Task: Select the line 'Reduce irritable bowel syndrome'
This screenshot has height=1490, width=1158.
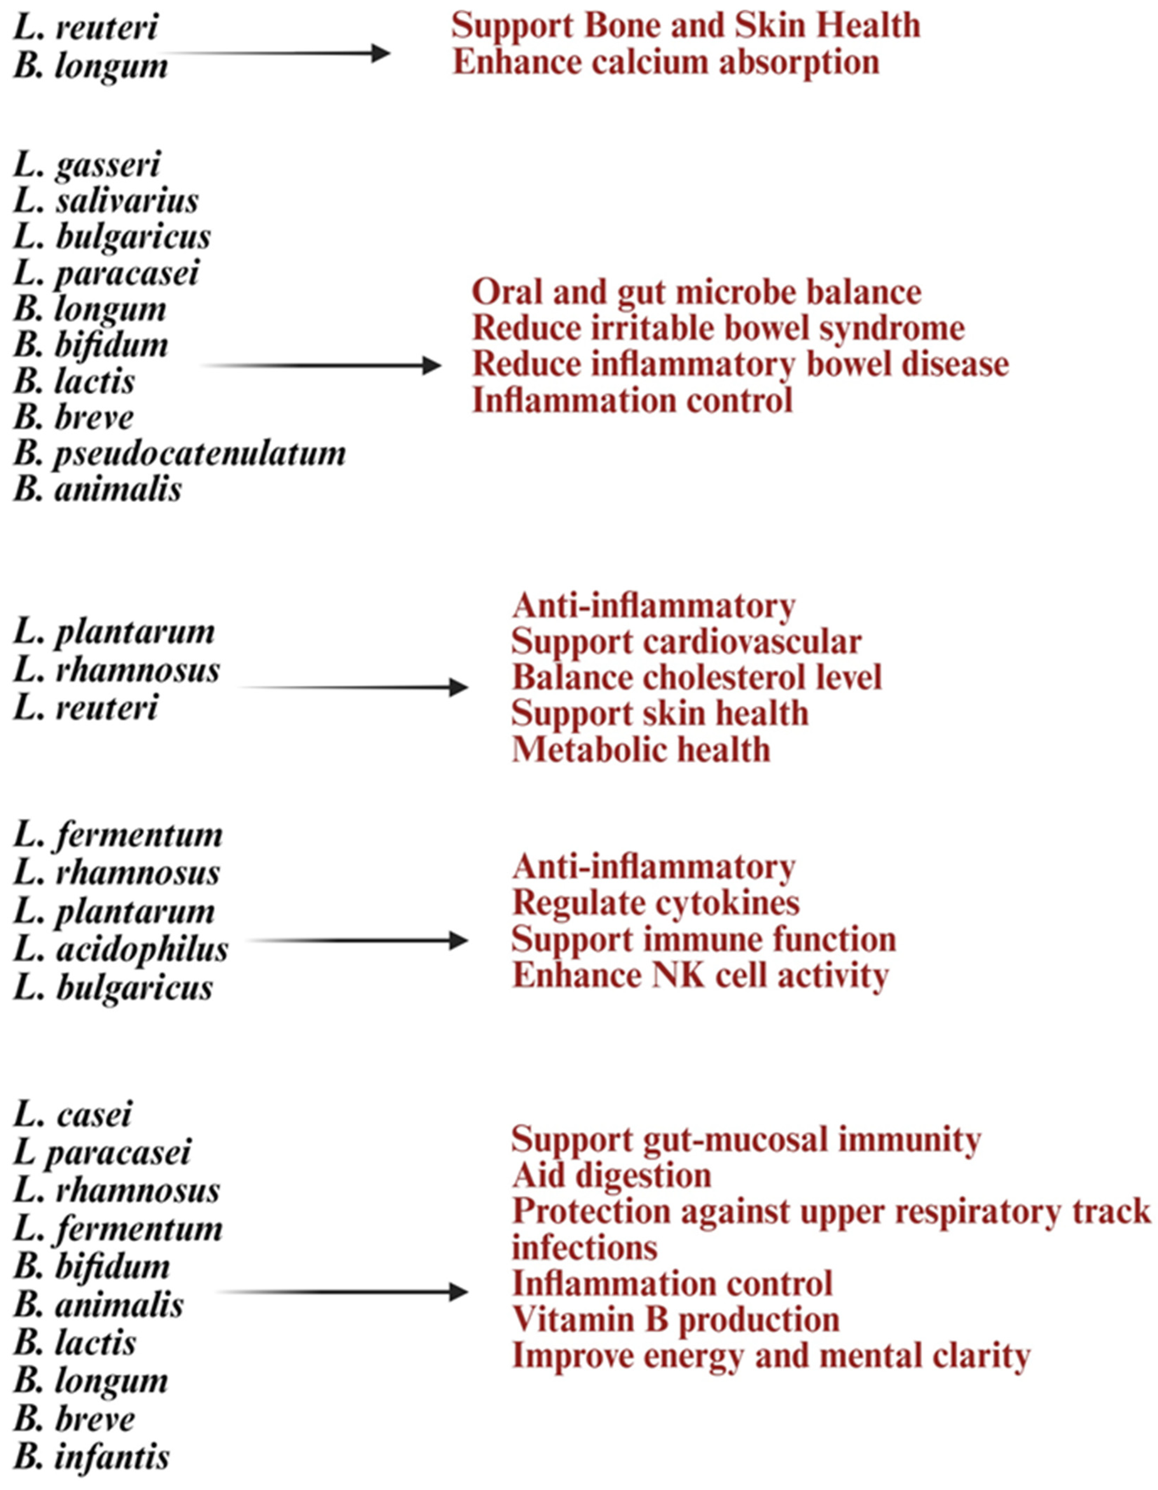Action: click(x=718, y=328)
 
